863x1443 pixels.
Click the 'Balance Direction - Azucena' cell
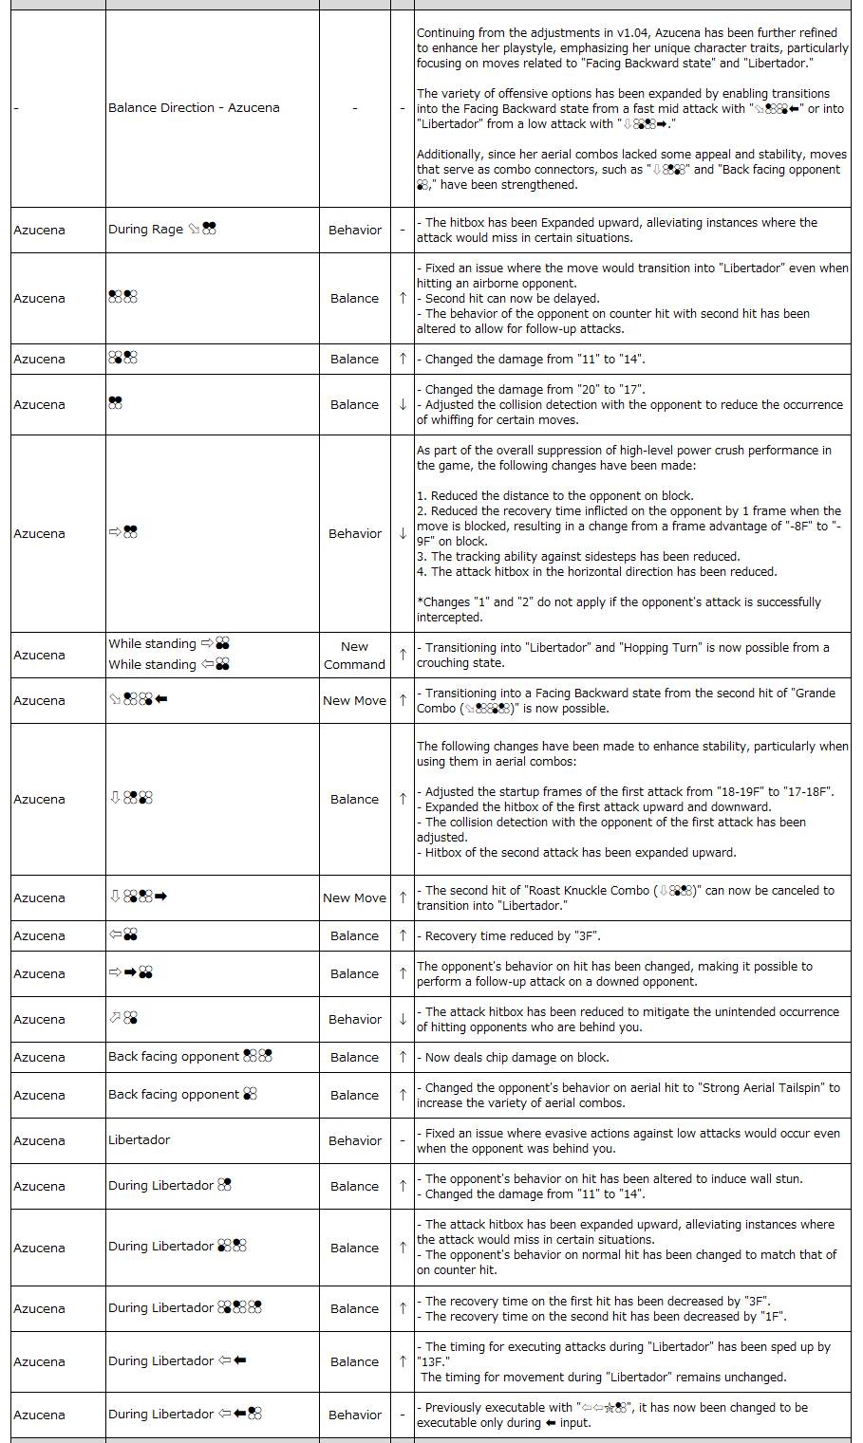194,108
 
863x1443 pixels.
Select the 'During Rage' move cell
161,230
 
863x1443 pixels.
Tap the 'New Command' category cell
354,656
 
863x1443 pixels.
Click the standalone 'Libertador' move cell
140,1140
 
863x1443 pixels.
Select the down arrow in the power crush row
403,534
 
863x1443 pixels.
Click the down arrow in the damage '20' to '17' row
403,405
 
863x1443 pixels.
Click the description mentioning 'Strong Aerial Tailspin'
628,1096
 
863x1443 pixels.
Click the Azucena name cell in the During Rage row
40,230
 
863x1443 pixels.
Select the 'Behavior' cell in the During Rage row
354,230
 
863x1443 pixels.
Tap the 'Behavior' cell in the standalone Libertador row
354,1140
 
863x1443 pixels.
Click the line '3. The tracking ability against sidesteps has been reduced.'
578,557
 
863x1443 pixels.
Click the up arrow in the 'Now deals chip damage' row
403,1057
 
